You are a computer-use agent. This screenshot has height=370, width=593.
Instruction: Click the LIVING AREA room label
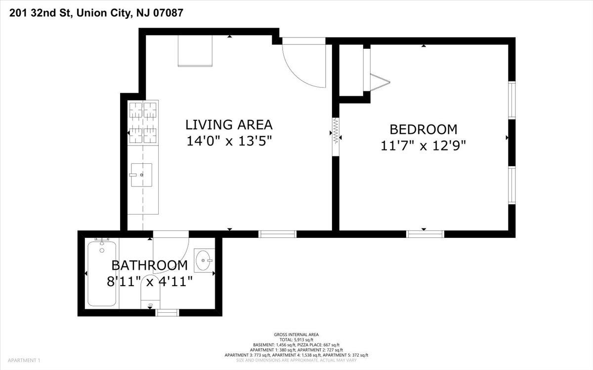click(229, 125)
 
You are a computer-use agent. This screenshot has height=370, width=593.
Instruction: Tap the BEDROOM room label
click(424, 129)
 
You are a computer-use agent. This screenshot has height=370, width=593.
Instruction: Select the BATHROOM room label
click(150, 265)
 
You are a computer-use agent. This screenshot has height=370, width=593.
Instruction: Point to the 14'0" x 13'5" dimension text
click(229, 141)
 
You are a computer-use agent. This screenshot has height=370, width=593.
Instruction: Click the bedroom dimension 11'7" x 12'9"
click(423, 146)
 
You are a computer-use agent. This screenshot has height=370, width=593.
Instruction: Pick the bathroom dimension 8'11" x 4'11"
click(150, 282)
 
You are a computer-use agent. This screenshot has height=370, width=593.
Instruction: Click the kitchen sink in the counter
click(141, 175)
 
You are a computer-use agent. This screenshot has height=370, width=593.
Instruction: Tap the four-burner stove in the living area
click(143, 123)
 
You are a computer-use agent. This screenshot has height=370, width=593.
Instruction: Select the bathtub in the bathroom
click(102, 273)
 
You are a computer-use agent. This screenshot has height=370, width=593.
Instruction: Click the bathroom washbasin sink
click(204, 260)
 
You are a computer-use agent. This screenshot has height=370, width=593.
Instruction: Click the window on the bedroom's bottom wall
click(425, 234)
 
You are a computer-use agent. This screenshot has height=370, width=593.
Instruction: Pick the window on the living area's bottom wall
click(277, 234)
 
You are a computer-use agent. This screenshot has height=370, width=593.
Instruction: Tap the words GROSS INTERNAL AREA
click(296, 334)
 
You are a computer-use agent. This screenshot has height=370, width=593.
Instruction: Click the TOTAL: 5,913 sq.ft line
click(296, 339)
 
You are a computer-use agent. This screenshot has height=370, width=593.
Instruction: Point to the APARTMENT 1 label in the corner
click(24, 360)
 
